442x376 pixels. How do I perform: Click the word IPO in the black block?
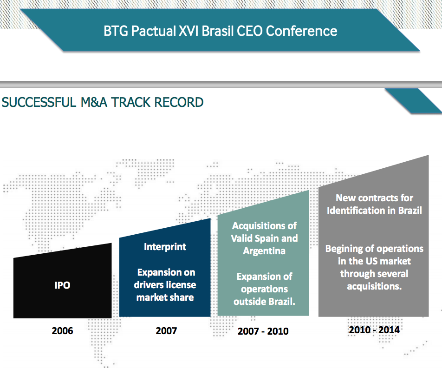(x=62, y=285)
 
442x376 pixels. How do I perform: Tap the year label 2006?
(x=62, y=330)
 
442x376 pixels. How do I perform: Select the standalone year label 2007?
(x=166, y=330)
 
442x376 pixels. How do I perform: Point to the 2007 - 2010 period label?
(x=263, y=331)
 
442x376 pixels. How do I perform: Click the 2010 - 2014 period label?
(x=374, y=330)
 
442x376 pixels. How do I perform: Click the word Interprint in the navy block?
(x=165, y=247)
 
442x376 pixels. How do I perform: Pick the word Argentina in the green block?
(x=264, y=251)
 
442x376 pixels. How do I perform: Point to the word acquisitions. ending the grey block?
(x=374, y=286)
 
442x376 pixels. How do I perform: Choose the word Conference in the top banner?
(x=301, y=31)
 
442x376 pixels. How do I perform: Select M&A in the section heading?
(x=94, y=102)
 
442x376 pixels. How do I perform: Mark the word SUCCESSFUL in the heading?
(x=39, y=102)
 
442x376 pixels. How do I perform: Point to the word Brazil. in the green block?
(x=282, y=302)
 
